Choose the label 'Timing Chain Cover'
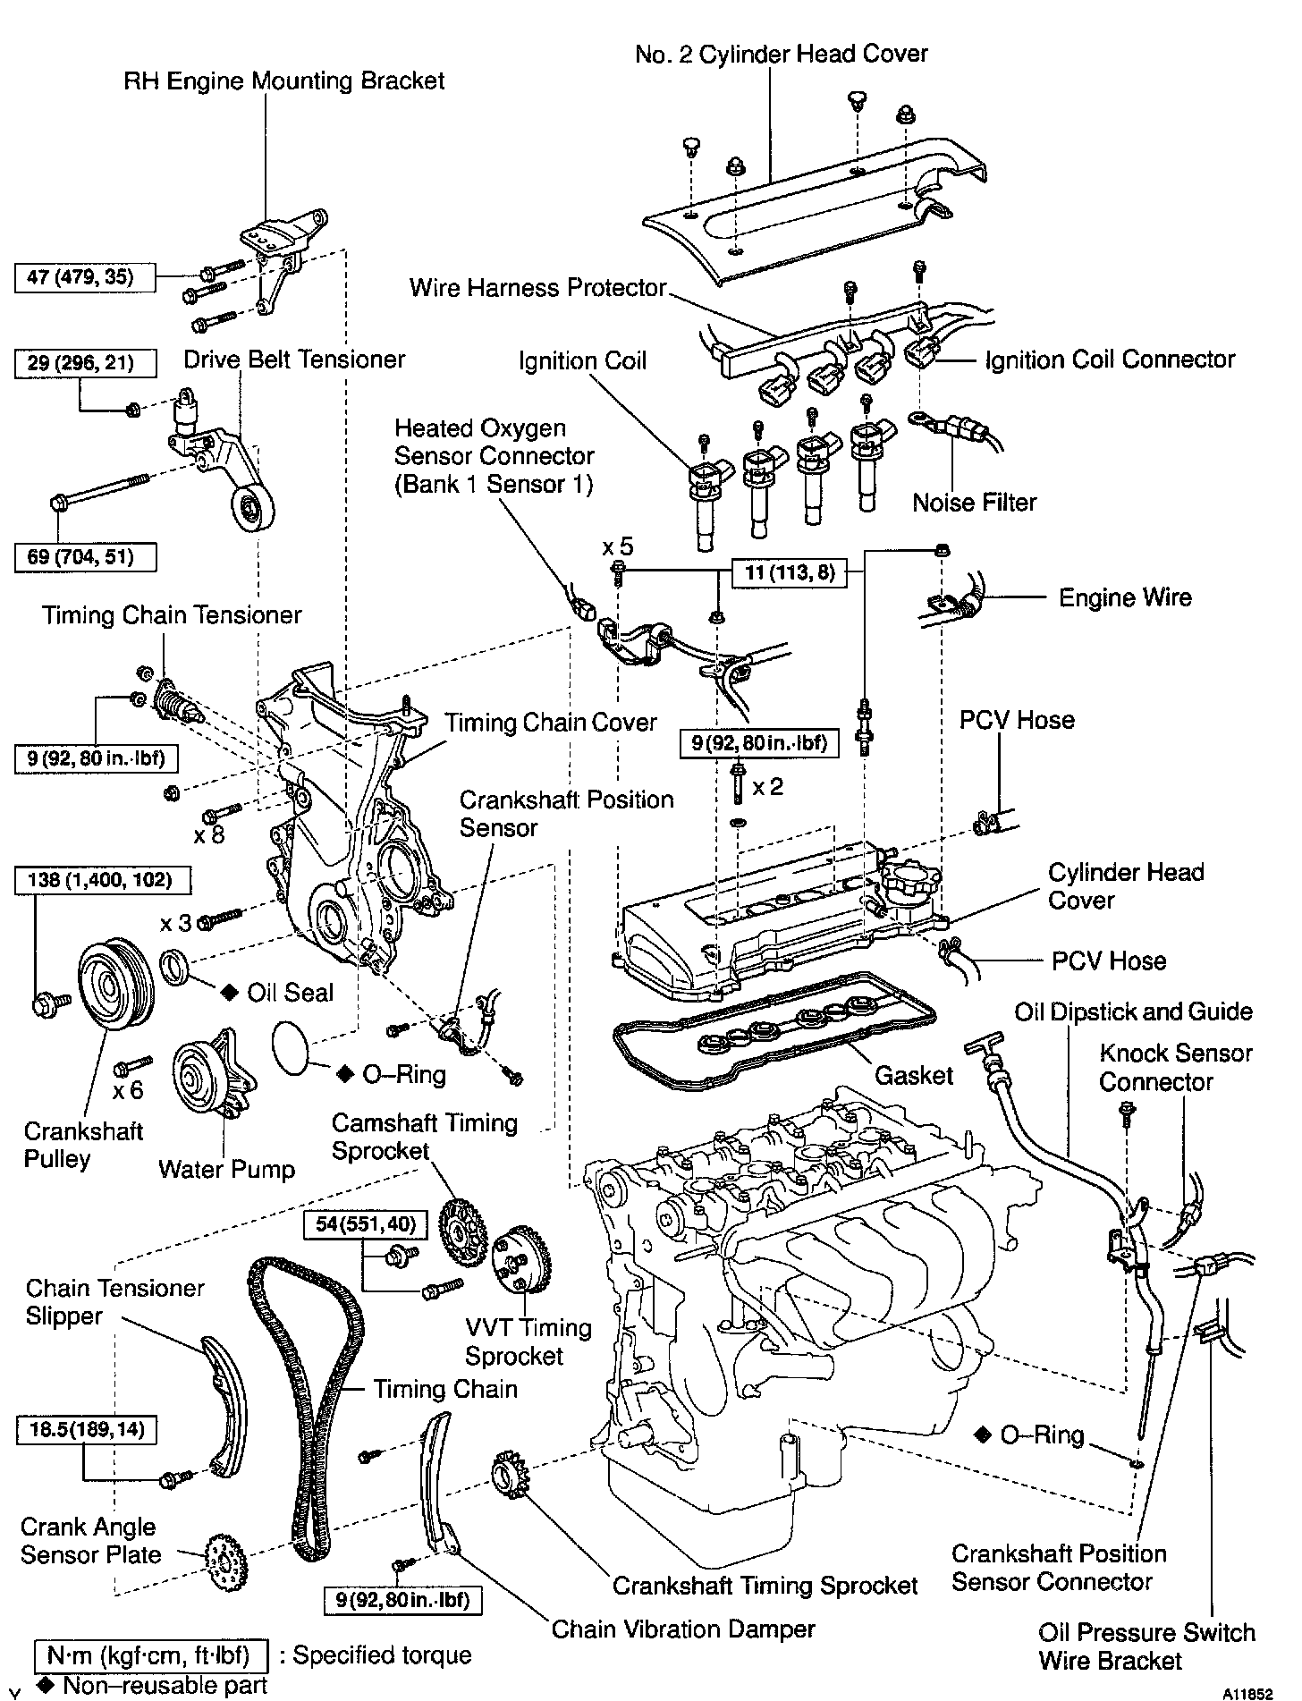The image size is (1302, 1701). click(x=551, y=722)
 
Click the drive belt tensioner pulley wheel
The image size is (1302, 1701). click(x=251, y=510)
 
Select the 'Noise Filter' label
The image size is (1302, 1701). click(x=974, y=502)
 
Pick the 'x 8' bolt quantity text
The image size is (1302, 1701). click(x=208, y=835)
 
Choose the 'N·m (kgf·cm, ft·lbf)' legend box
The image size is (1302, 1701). click(x=150, y=1655)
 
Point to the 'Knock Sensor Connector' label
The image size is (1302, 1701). click(x=1175, y=1067)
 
